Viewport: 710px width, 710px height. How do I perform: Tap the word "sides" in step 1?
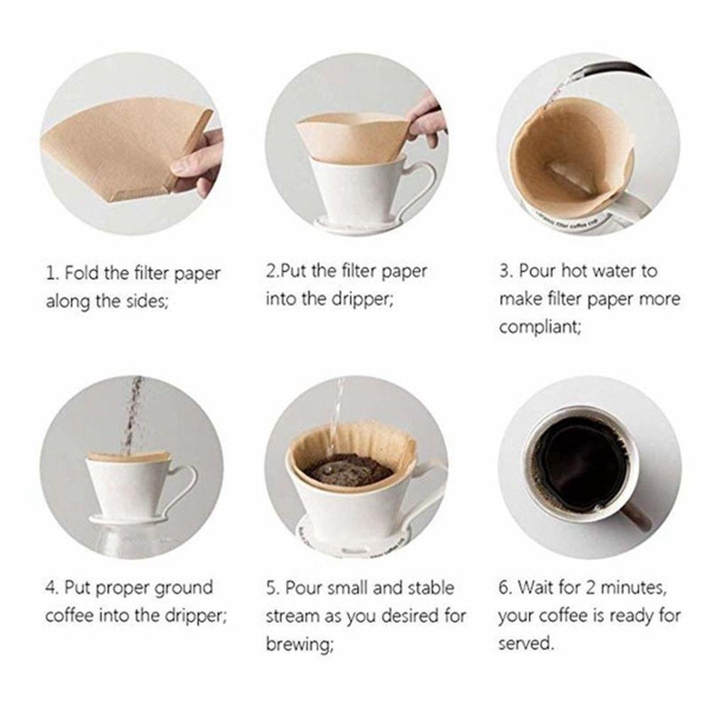pos(147,301)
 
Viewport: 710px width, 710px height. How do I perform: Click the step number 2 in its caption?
pos(271,271)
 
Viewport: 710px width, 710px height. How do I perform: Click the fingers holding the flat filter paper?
pos(197,160)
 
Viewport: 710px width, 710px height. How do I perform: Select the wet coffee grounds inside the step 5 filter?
pos(348,469)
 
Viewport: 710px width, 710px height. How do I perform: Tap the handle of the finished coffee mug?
pos(633,516)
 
